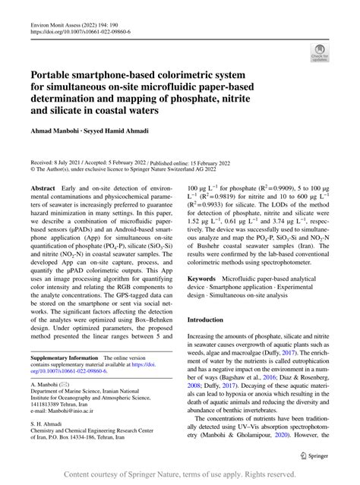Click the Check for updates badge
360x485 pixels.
[320, 52]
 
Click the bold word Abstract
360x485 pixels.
[43, 187]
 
